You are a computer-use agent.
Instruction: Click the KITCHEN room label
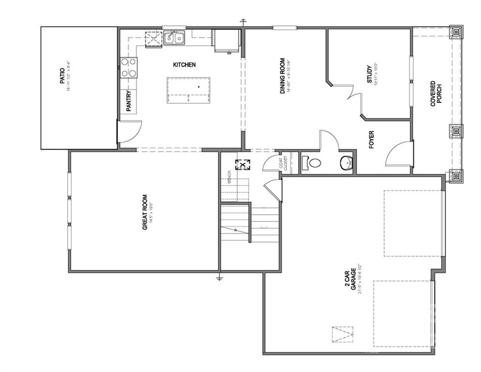184,64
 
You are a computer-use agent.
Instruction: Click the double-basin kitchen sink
174,37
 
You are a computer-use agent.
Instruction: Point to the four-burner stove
129,67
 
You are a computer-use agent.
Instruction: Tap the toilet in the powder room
311,163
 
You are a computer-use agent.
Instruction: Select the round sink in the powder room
347,163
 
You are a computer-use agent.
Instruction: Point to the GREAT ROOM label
145,215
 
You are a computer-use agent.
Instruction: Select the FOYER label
372,139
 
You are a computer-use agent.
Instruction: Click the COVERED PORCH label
436,93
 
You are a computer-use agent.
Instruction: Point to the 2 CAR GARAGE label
356,279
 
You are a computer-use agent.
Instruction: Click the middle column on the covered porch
455,131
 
